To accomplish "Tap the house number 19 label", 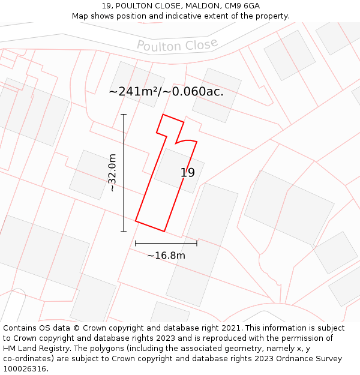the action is tap(188, 173).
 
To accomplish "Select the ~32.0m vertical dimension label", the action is tap(112, 173).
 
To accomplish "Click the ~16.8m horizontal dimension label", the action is tap(166, 256).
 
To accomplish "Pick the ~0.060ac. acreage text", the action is tap(194, 92).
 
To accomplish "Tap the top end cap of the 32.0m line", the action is tap(124, 114).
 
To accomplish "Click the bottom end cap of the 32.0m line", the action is tap(124, 231).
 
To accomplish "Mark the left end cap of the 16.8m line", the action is tap(136, 243).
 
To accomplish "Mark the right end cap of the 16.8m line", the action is tap(197, 243).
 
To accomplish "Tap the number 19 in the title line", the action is tap(106, 5).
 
